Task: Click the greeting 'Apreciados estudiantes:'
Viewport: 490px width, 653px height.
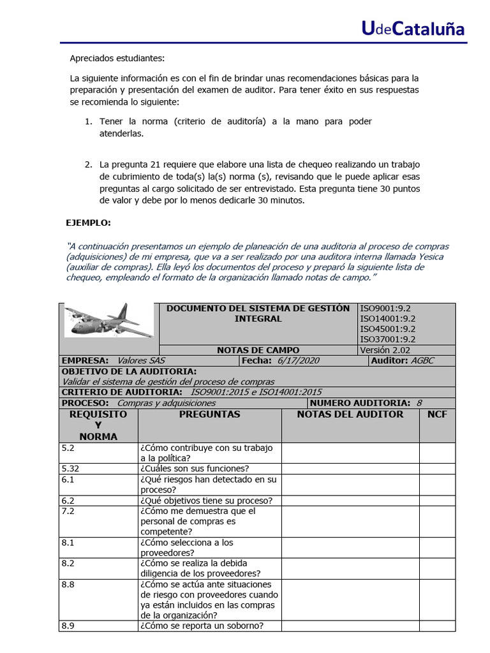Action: point(117,59)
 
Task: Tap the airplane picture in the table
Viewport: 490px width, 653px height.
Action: point(108,320)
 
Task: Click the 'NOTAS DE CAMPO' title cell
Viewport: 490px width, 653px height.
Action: point(258,350)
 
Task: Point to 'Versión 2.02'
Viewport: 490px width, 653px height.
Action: point(385,350)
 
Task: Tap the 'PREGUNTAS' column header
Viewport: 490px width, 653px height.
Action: point(209,415)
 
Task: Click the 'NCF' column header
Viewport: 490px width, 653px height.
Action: point(437,415)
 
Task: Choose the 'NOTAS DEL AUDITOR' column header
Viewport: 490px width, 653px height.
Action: point(350,415)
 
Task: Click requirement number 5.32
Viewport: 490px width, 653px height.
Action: point(71,469)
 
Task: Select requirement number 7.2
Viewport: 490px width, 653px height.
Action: point(68,511)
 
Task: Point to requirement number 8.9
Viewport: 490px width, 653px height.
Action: point(68,626)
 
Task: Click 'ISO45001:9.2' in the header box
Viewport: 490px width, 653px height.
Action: point(387,329)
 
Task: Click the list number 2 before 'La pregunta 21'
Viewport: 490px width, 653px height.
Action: point(89,165)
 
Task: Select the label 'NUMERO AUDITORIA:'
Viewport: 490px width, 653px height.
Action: point(360,403)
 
